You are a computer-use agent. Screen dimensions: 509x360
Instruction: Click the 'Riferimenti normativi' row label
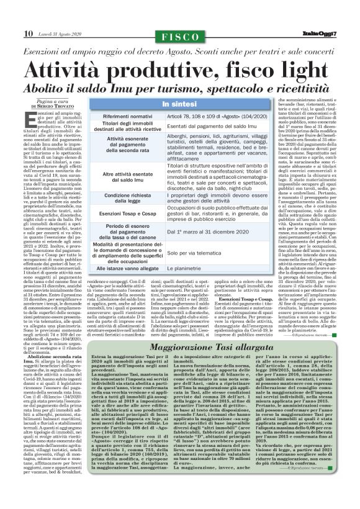pyautogui.click(x=124, y=115)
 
